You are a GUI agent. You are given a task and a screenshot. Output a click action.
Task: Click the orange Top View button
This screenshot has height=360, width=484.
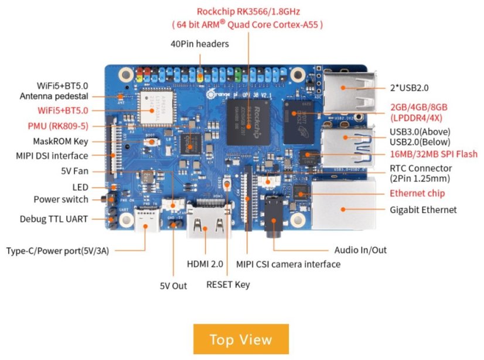(241, 339)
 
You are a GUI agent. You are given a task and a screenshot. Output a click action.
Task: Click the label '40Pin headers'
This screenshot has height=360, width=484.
(200, 44)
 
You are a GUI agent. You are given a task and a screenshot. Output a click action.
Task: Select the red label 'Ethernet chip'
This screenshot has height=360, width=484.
(417, 193)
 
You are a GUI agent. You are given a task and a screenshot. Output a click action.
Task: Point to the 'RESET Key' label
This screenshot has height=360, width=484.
(228, 284)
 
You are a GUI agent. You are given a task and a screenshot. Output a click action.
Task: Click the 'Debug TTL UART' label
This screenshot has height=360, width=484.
(53, 220)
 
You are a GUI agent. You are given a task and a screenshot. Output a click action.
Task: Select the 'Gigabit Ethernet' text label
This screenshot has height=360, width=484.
(423, 210)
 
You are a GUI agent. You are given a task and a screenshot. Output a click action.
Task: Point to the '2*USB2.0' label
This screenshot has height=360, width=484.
(409, 88)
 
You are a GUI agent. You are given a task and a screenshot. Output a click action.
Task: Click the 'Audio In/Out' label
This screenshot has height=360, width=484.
(360, 250)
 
